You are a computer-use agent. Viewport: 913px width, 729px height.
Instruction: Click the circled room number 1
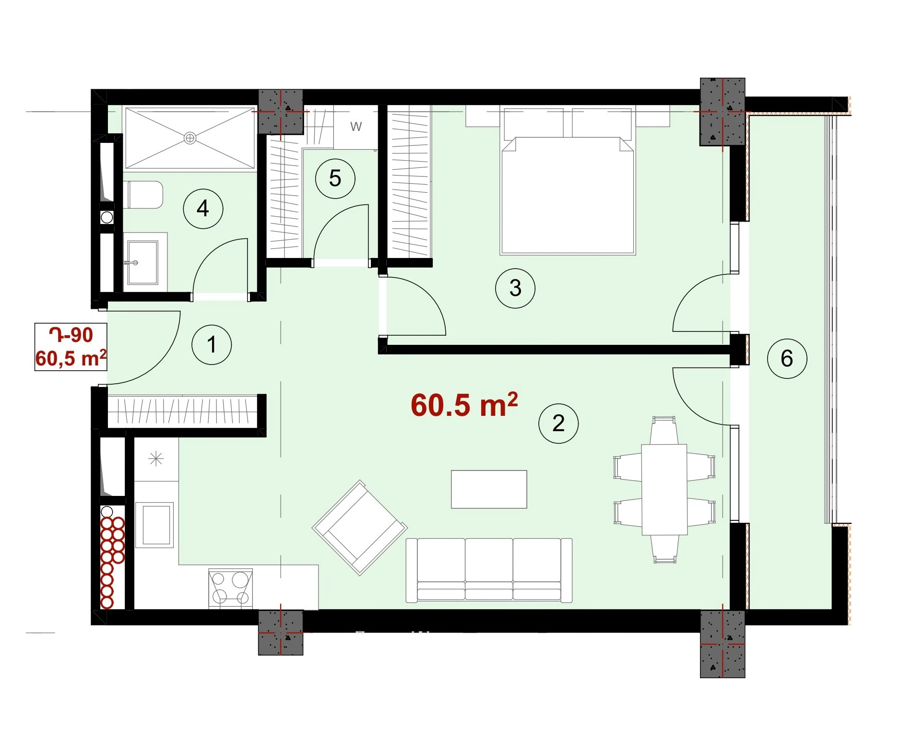(212, 345)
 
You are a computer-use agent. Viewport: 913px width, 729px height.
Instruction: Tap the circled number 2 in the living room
(558, 423)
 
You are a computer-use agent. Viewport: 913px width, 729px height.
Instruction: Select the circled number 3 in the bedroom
(515, 288)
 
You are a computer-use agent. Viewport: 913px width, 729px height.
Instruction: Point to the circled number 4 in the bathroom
(203, 209)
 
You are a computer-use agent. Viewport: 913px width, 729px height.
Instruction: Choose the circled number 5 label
(335, 178)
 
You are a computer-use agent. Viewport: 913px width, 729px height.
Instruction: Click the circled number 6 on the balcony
(787, 358)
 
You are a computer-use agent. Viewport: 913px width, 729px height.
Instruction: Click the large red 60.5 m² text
(464, 405)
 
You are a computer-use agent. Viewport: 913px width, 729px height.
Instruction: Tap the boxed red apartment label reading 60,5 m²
(71, 358)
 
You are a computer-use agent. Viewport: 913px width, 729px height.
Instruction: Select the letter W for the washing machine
(356, 127)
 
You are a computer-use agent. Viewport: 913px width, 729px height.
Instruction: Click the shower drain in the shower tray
(190, 138)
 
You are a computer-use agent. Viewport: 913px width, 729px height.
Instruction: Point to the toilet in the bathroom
(143, 195)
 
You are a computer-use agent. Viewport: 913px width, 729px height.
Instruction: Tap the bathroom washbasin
(142, 262)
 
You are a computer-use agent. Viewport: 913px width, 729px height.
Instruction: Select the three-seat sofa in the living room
(489, 570)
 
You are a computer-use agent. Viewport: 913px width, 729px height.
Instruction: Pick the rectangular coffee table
(489, 489)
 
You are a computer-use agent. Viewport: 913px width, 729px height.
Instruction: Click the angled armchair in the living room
(360, 528)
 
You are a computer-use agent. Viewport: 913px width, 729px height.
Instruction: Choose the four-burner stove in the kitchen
(231, 588)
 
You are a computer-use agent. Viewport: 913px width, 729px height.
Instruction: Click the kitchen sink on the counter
(154, 525)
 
